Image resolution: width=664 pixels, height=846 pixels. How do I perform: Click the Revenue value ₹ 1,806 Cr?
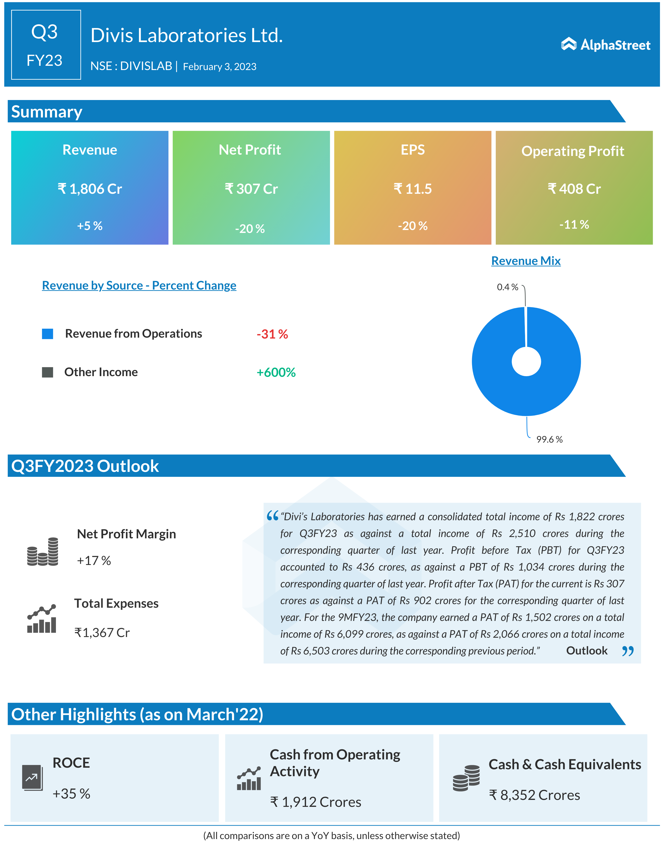(90, 189)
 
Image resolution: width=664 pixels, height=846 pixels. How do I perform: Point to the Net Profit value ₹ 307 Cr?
(251, 189)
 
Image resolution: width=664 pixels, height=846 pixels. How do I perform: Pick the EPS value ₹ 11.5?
(413, 189)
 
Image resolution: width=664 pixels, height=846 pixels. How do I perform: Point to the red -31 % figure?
(272, 334)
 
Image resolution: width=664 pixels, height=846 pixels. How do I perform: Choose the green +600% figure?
(276, 373)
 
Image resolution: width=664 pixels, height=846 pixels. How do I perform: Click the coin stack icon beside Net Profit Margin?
(43, 552)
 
